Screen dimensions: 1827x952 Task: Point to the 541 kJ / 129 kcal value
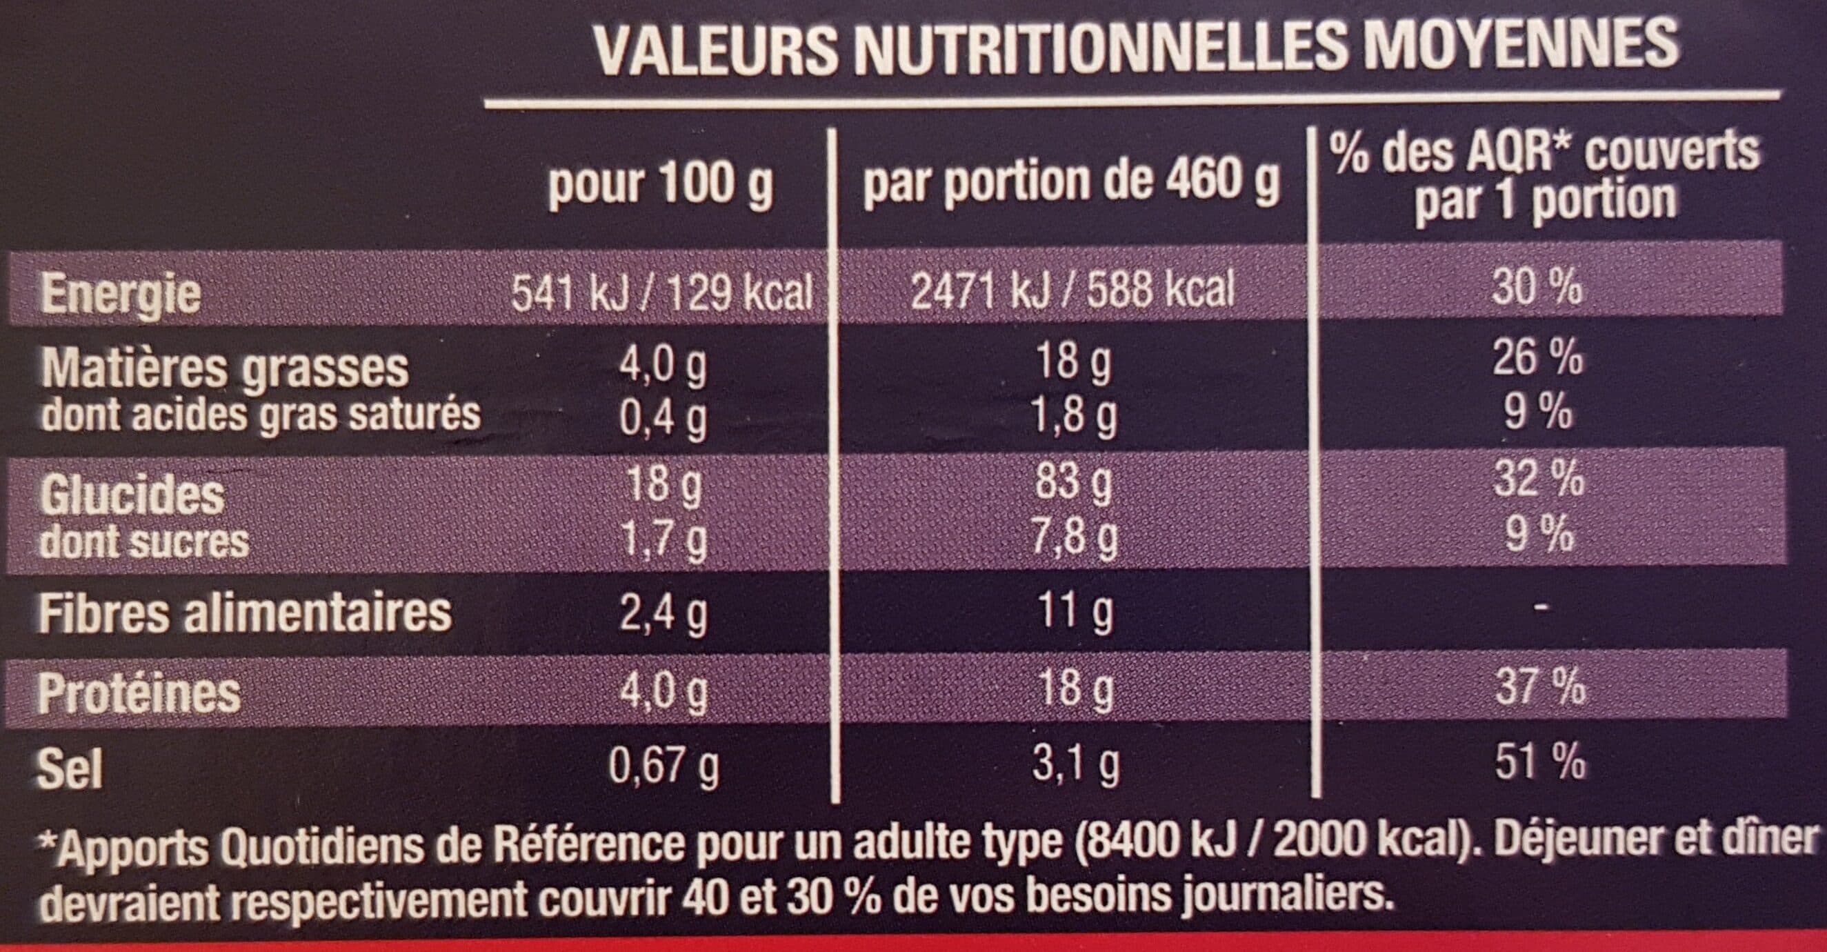coord(661,291)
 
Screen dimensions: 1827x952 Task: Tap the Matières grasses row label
coord(225,368)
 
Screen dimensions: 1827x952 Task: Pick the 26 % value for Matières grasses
coord(1537,356)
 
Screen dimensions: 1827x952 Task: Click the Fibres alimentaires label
coord(246,613)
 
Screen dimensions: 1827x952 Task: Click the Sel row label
coord(70,769)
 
